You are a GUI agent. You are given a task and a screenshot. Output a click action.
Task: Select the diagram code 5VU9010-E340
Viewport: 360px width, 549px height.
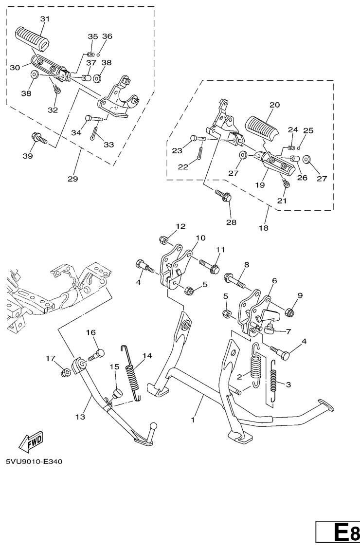[34, 462]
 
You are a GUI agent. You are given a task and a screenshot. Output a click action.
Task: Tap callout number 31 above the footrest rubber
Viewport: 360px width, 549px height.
[45, 19]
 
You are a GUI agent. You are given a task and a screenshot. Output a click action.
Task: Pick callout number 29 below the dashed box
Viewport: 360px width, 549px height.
[73, 179]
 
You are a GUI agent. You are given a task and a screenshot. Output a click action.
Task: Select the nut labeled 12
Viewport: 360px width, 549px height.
[163, 240]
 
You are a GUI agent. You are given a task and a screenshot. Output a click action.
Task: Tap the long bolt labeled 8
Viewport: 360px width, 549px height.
[235, 280]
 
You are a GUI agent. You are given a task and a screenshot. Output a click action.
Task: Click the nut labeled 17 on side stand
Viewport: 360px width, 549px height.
[65, 373]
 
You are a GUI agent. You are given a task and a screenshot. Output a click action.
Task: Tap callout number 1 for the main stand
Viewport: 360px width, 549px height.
[193, 420]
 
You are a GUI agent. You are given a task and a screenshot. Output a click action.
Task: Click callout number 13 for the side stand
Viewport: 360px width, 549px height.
[80, 417]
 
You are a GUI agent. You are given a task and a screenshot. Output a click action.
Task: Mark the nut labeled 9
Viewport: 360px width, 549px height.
[289, 311]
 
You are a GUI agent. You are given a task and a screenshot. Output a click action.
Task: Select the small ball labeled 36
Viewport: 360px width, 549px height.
[99, 55]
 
